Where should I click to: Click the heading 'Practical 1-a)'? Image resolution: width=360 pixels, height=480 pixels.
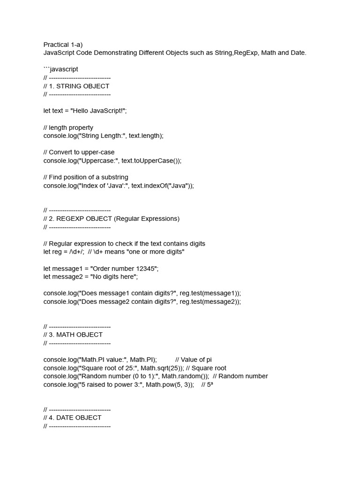[x=63, y=45]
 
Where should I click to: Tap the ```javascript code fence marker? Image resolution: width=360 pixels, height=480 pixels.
[x=61, y=69]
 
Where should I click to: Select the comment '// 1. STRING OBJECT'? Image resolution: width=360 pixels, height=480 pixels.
[x=76, y=86]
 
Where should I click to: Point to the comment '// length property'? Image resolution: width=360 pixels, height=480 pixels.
[x=68, y=127]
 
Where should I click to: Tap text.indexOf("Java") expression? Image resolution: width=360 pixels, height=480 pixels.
[x=161, y=186]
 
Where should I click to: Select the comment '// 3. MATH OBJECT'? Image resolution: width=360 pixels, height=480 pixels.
[x=73, y=335]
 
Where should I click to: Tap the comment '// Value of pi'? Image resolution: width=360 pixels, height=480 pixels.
[x=194, y=360]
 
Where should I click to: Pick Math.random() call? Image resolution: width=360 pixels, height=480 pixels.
[x=185, y=376]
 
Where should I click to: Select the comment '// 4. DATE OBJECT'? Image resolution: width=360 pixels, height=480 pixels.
[x=73, y=418]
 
